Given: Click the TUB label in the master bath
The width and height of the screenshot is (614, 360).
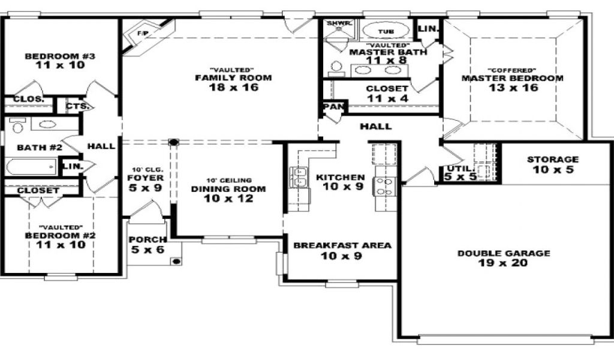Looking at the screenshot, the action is tap(386, 31).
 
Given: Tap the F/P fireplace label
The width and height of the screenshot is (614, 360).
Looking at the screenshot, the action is tap(143, 33).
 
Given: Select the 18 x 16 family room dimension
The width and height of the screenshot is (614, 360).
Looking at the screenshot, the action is tap(234, 87).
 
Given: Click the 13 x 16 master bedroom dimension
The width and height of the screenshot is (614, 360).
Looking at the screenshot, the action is tap(513, 88).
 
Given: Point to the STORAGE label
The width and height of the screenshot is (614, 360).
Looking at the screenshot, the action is tap(552, 160).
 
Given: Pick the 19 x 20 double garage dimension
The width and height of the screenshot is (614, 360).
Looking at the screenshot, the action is tap(503, 263).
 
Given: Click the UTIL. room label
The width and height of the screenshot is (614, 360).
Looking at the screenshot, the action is tap(455, 169).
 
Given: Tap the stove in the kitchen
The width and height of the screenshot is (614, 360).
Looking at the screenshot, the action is tap(383, 186).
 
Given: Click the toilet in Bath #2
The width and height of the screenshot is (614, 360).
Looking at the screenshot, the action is tap(17, 126).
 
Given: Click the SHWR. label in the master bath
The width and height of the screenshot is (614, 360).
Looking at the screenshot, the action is tap(337, 23).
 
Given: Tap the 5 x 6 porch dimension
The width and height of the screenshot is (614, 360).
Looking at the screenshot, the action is tap(148, 250).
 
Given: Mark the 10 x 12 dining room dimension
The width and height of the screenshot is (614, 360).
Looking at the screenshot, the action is tap(228, 199).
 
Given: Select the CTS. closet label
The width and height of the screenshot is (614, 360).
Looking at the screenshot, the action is tap(77, 106).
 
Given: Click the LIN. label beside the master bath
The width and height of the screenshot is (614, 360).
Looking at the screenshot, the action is tap(428, 29).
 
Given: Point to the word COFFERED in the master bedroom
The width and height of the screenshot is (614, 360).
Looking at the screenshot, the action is tap(513, 71).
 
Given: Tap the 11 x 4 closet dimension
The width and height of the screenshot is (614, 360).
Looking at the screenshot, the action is tap(387, 98).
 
